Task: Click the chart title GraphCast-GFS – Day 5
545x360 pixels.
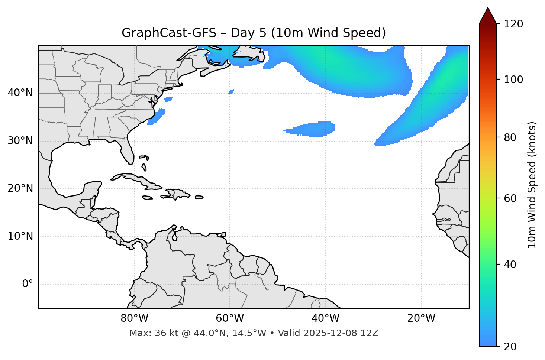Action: click(254, 33)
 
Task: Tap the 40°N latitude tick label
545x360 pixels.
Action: click(20, 93)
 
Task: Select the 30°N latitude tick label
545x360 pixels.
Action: click(20, 141)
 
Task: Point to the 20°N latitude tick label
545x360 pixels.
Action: click(20, 188)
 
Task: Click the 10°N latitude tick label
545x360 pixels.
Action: click(20, 236)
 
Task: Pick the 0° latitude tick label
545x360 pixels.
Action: click(28, 284)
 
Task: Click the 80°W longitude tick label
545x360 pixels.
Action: click(134, 318)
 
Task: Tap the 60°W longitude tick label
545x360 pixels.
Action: click(230, 318)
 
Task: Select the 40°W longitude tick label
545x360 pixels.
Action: click(325, 318)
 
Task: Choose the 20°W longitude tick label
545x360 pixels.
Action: click(421, 318)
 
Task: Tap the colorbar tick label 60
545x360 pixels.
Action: click(512, 198)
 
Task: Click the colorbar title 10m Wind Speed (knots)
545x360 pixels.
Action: click(532, 185)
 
